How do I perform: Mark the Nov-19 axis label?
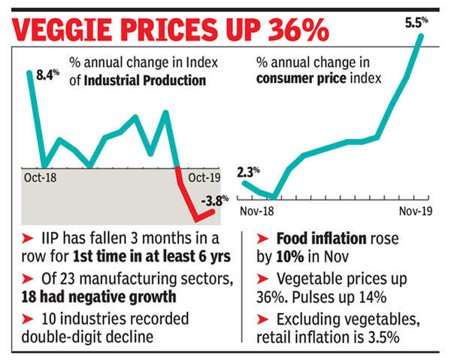tap(413, 213)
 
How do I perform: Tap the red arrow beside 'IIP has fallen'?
tap(24, 240)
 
